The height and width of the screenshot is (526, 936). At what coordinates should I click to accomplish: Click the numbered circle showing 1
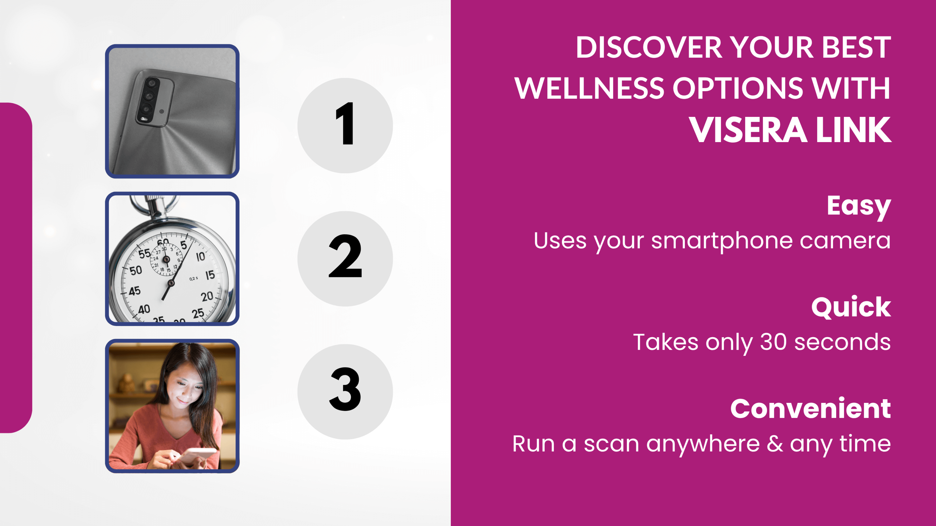pyautogui.click(x=345, y=125)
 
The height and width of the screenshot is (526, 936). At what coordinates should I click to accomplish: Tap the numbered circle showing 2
pyautogui.click(x=345, y=258)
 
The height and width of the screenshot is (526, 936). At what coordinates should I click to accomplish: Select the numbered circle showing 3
pyautogui.click(x=345, y=392)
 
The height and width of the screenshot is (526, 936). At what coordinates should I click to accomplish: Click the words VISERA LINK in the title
pyautogui.click(x=790, y=130)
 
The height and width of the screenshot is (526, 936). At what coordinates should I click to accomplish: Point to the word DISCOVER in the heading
pyautogui.click(x=649, y=48)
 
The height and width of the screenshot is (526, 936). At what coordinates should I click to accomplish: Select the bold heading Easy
pyautogui.click(x=859, y=207)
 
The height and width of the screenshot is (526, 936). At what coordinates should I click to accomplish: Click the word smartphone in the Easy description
pyautogui.click(x=722, y=241)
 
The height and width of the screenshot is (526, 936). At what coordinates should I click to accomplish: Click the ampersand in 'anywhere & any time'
pyautogui.click(x=775, y=444)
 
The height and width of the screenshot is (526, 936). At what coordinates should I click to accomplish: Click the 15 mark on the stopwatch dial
pyautogui.click(x=210, y=275)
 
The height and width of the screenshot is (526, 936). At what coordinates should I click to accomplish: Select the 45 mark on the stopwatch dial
pyautogui.click(x=134, y=291)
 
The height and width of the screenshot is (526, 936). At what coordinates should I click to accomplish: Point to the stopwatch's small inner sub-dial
pyautogui.click(x=166, y=259)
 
